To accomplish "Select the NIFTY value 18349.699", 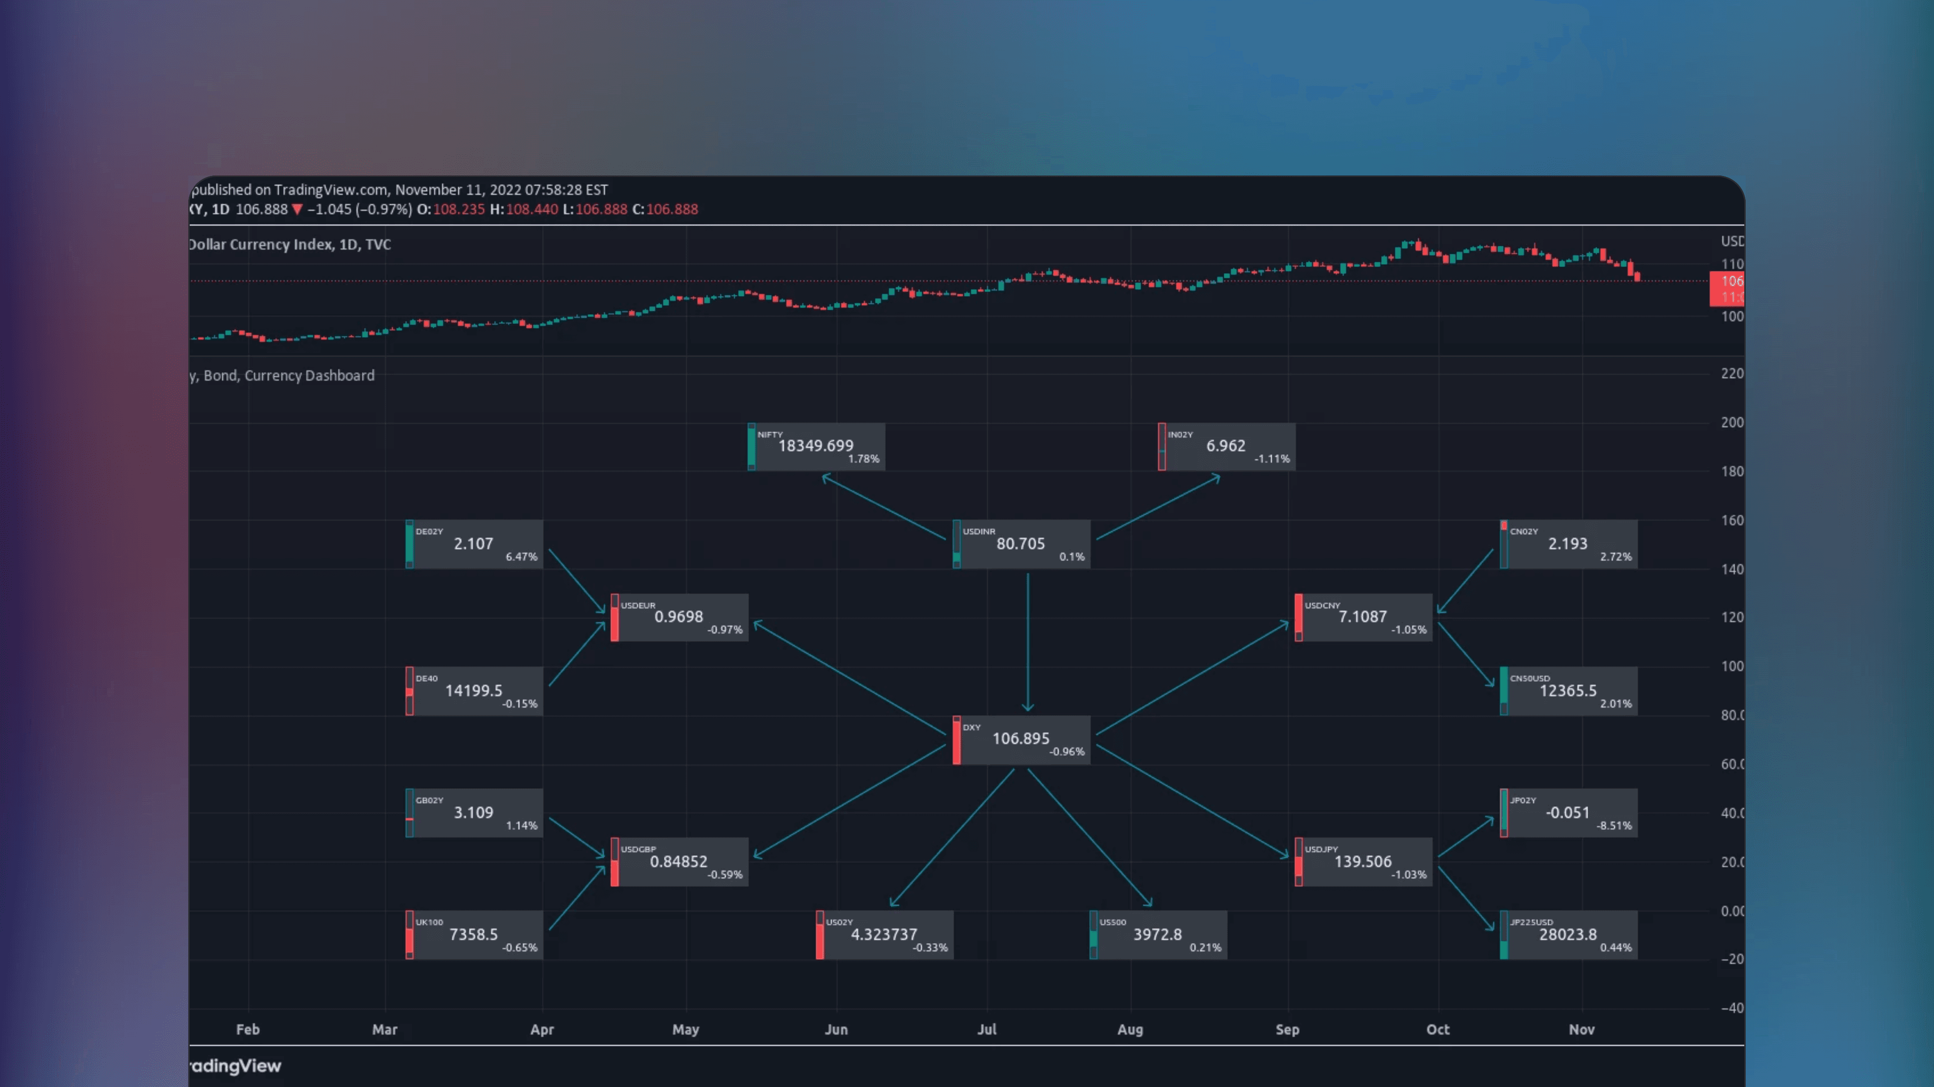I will [816, 446].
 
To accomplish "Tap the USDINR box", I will [1021, 543].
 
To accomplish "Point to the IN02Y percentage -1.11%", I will [1272, 459].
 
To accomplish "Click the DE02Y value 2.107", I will [473, 543].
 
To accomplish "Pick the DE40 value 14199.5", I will [473, 691].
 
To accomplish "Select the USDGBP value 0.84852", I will [679, 862].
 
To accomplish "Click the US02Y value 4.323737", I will [883, 935].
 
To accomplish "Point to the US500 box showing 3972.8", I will [1158, 935].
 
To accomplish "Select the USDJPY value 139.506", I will [1362, 862].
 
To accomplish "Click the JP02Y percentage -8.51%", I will [1614, 826].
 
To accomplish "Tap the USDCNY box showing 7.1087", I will [1362, 617].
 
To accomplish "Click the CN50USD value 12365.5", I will [1568, 691].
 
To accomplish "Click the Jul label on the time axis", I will [986, 1029].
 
